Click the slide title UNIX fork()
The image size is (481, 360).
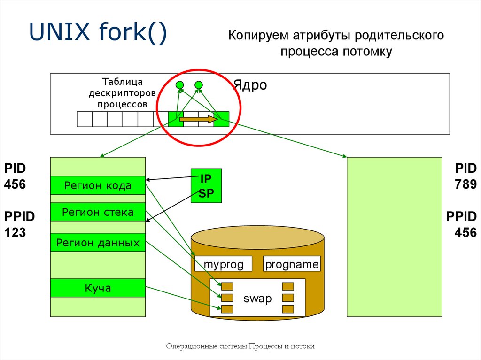point(98,32)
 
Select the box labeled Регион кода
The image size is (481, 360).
point(98,185)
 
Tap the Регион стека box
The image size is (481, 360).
point(98,212)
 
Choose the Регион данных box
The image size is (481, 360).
point(98,243)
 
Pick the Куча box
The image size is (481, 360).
point(98,288)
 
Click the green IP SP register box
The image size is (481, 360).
point(206,185)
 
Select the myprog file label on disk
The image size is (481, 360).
point(223,264)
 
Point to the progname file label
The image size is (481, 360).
point(292,264)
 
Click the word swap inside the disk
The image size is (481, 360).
point(258,299)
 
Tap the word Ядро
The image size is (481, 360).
point(250,85)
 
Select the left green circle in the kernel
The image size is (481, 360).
point(180,85)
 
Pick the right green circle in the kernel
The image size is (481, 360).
point(199,85)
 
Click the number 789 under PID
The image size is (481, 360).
point(465,184)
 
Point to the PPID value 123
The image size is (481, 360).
point(15,232)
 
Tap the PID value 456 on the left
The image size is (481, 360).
point(15,184)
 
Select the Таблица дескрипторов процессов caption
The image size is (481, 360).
point(123,93)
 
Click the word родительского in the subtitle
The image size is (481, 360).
point(399,35)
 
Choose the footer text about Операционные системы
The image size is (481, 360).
point(240,346)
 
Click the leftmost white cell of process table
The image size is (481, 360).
point(85,119)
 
